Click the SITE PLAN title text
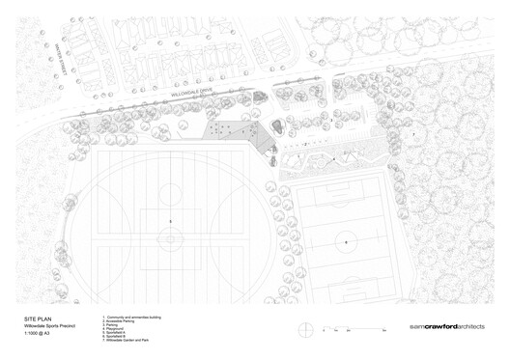pos(39,317)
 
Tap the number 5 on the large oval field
pos(171,223)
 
